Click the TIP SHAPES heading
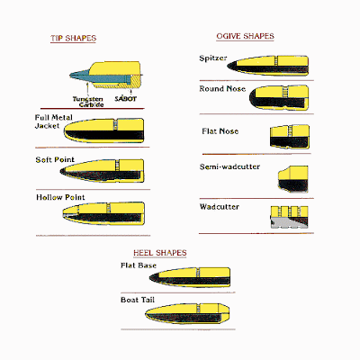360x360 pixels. (x=73, y=38)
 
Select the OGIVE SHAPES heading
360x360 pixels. (x=245, y=36)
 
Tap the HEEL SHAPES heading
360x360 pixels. (x=160, y=253)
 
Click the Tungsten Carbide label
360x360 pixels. (x=88, y=102)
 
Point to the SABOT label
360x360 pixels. (x=125, y=99)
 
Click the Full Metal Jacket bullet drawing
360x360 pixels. (x=103, y=130)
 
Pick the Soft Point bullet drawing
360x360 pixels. (x=102, y=171)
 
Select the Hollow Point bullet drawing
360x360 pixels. (x=103, y=213)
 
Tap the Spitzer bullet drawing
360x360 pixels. (x=267, y=65)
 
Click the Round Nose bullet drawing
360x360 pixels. (x=279, y=97)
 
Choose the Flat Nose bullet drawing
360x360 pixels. (x=290, y=137)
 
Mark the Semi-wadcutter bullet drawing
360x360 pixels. (x=293, y=179)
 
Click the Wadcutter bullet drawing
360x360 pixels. (x=289, y=217)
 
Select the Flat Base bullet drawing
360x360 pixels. (x=190, y=277)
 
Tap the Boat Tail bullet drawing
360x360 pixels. (x=187, y=314)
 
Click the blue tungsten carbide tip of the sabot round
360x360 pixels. (x=79, y=75)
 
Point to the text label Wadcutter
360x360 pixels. (x=220, y=207)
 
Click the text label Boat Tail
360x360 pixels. (x=138, y=300)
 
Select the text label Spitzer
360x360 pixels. (x=213, y=58)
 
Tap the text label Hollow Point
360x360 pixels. (x=60, y=197)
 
